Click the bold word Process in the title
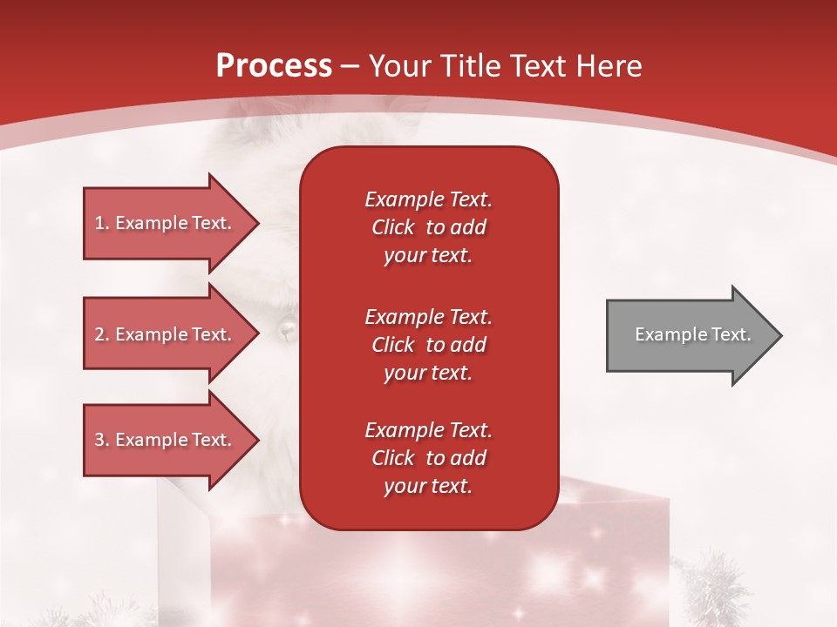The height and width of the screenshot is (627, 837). (x=274, y=66)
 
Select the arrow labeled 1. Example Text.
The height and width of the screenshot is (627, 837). (x=166, y=223)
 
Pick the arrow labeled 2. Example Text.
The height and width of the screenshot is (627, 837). (x=166, y=334)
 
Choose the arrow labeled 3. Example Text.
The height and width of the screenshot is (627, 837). (x=166, y=440)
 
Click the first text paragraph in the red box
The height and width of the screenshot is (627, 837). (x=428, y=227)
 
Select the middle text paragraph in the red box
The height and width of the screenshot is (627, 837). (x=428, y=345)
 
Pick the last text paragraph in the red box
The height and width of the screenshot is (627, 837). (x=428, y=458)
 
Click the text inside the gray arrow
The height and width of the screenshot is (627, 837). (x=692, y=334)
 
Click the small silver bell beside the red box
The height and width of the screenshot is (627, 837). (x=286, y=328)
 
